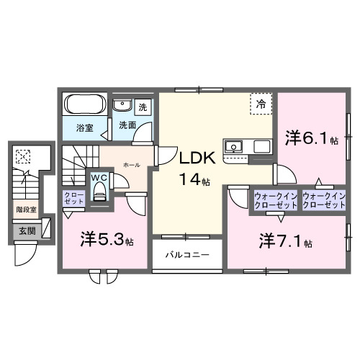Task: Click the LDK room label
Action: [x=194, y=158]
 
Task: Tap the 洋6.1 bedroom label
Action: [x=310, y=138]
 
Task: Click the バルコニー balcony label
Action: [x=186, y=255]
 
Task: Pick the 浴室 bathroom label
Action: [x=85, y=128]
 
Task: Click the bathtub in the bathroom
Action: [x=85, y=105]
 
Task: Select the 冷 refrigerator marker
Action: [x=261, y=104]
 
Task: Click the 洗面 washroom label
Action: [x=127, y=125]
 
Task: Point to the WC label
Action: [x=98, y=178]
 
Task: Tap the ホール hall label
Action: [x=131, y=165]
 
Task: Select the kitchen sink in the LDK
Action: [x=235, y=147]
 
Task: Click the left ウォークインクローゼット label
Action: [x=274, y=200]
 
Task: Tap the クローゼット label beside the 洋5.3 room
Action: [x=73, y=199]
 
